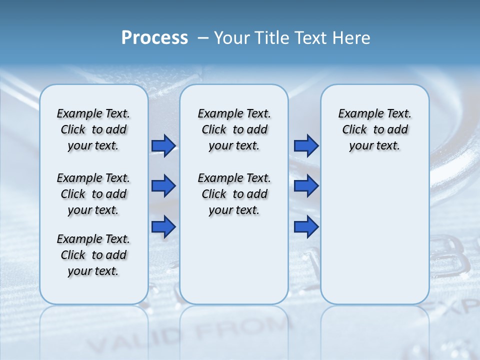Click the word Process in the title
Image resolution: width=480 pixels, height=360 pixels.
point(154,38)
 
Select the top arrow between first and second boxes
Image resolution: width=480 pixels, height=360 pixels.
point(163,145)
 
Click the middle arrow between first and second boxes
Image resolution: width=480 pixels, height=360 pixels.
point(163,186)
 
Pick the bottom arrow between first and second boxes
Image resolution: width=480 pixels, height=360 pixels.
point(163,227)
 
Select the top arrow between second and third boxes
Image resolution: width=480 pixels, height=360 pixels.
point(306,145)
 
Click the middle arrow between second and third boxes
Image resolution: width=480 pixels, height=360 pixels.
point(306,186)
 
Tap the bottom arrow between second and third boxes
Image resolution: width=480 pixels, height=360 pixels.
point(306,227)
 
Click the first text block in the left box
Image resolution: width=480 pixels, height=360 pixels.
point(93,129)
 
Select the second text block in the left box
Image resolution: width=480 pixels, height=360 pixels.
point(93,194)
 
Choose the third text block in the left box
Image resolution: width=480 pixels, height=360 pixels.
point(93,255)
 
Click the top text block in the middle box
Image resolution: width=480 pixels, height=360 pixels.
point(234,129)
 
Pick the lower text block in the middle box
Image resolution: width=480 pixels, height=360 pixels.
point(234,194)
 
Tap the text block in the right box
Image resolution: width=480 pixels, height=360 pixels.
point(374,129)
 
